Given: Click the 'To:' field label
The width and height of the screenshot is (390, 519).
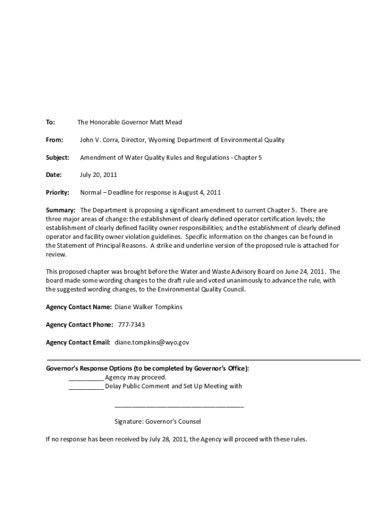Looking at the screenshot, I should (x=50, y=122).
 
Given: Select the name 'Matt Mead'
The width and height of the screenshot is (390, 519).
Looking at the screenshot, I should (x=166, y=122).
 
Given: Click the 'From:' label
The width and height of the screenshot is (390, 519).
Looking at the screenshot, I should (x=55, y=140).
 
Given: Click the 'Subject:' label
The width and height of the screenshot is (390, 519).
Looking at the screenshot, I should (x=57, y=158).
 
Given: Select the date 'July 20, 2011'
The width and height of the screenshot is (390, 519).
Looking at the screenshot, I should (x=98, y=175).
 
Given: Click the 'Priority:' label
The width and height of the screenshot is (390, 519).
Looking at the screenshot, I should (x=57, y=193).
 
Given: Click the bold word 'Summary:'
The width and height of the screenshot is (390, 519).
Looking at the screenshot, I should (x=61, y=210).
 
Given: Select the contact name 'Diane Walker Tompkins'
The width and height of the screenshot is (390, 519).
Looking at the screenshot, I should (x=148, y=307).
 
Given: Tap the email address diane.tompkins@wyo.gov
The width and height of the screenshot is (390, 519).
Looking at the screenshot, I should (x=152, y=343).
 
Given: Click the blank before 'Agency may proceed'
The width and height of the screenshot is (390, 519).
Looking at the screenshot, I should (x=86, y=378).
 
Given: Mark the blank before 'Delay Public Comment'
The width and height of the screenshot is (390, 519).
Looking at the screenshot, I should (x=86, y=387).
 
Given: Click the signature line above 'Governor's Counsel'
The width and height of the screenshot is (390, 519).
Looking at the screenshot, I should (x=179, y=406).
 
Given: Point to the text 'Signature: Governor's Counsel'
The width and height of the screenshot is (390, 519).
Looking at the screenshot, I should (x=158, y=421).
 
